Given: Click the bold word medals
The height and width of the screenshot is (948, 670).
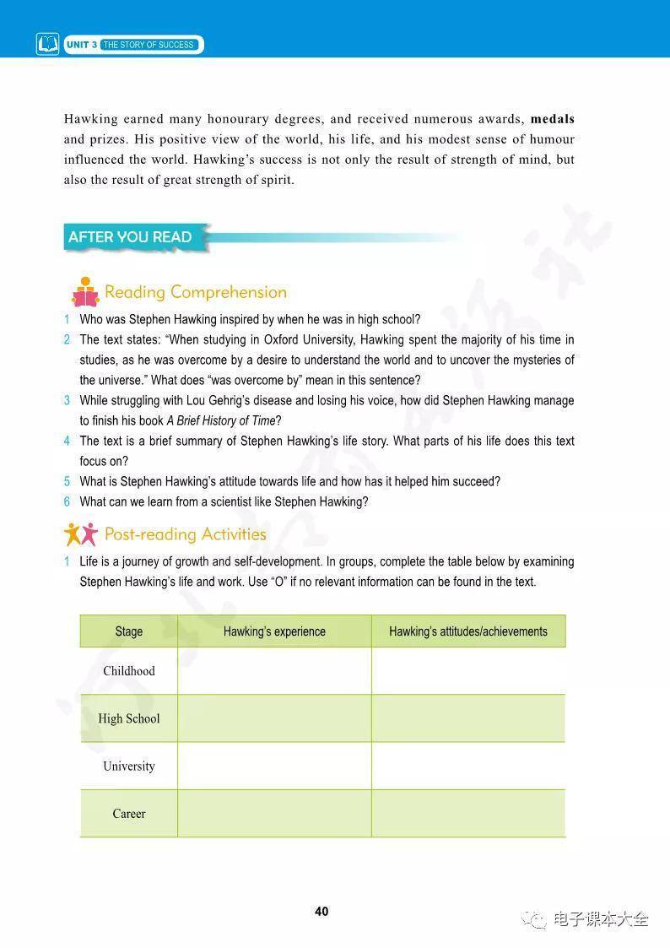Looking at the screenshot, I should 552,119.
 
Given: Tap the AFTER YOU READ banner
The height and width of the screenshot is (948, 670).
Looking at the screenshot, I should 130,237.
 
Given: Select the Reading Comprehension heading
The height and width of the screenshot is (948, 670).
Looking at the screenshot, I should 195,292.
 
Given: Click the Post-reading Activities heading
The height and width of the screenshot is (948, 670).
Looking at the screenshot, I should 185,534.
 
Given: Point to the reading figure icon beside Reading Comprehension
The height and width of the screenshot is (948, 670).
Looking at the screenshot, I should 84,292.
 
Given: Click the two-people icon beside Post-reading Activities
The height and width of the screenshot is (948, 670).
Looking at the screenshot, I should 81,534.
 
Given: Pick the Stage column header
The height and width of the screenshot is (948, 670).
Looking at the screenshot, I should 129,631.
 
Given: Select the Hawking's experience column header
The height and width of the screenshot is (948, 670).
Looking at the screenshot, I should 274,631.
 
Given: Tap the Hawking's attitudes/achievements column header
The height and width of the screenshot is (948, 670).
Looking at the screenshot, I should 467,631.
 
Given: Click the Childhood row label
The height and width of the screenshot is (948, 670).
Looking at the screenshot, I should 129,671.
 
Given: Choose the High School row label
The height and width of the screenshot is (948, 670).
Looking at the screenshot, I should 129,718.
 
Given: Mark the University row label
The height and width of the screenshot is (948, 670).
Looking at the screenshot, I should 129,767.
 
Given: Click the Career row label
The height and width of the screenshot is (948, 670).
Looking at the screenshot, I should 129,814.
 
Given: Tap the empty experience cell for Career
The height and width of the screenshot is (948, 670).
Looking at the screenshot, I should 274,814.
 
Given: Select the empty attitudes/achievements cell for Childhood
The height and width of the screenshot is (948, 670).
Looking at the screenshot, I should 467,671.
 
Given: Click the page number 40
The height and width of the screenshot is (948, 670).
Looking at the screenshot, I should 321,912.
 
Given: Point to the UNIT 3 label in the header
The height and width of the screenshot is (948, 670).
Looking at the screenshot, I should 82,45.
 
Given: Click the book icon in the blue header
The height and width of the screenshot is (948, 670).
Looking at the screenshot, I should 48,44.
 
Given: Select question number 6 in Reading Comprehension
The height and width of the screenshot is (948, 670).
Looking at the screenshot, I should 67,502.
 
